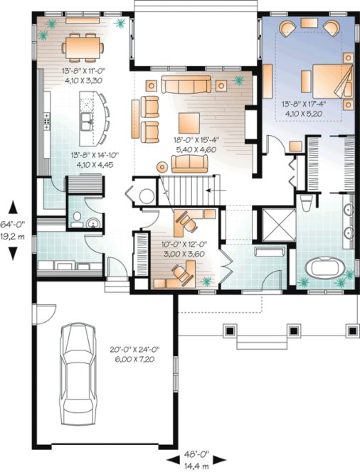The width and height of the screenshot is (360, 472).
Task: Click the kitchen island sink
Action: coord(87,122)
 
